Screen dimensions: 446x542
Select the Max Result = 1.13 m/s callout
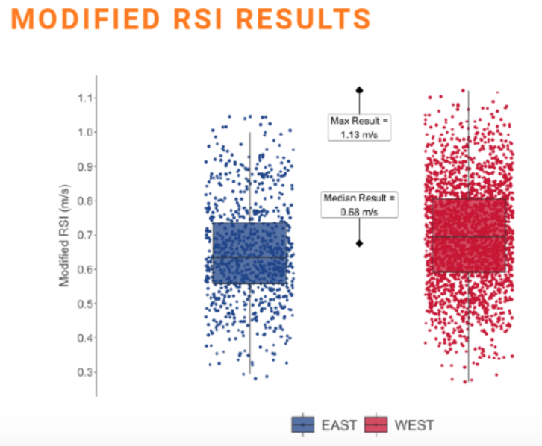359,126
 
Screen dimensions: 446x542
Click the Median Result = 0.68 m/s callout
359,204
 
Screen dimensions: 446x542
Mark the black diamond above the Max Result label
359,90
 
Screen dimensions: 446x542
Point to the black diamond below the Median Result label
359,243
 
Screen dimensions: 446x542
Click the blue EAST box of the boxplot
250,253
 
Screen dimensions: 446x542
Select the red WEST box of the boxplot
469,235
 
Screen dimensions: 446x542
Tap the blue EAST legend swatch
302,425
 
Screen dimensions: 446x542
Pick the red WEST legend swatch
376,425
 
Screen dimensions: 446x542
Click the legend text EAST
339,426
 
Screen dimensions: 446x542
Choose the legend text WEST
414,426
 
